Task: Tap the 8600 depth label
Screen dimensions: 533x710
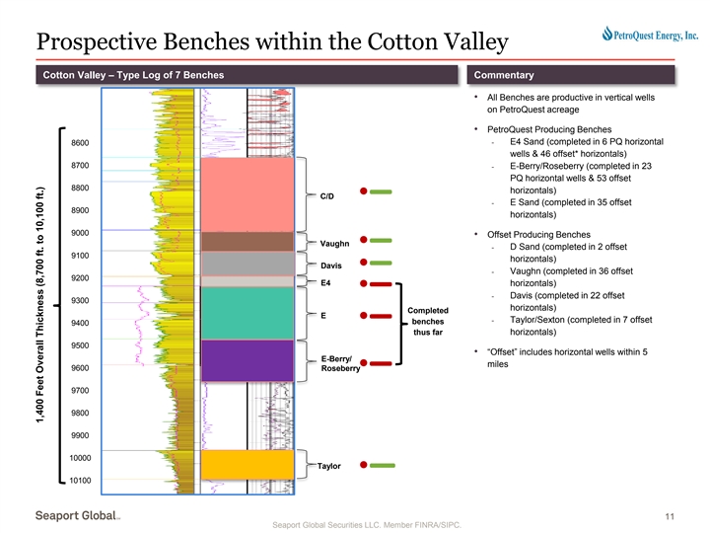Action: pyautogui.click(x=81, y=143)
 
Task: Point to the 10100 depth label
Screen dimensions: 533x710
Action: pyautogui.click(x=81, y=480)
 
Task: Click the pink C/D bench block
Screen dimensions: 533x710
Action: pyautogui.click(x=248, y=192)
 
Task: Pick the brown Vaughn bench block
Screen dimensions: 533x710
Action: pyautogui.click(x=248, y=242)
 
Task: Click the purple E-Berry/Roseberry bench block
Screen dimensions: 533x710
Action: pyautogui.click(x=248, y=359)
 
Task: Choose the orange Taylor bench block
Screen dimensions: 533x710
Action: pyautogui.click(x=248, y=464)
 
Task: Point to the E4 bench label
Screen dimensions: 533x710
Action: pyautogui.click(x=325, y=284)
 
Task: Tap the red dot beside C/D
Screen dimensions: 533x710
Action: pyautogui.click(x=364, y=191)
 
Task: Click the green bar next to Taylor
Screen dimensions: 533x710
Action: pyautogui.click(x=383, y=464)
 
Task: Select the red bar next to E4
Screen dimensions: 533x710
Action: pyautogui.click(x=383, y=284)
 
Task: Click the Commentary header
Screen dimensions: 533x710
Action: pyautogui.click(x=504, y=76)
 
